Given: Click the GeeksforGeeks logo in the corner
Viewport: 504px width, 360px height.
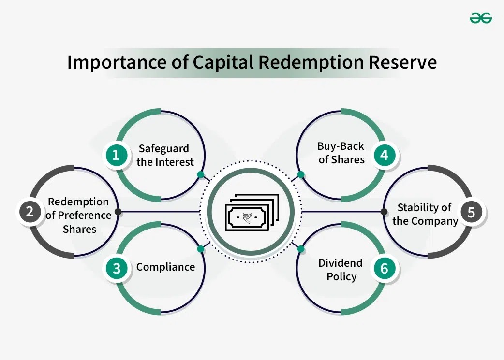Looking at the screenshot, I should click(480, 18).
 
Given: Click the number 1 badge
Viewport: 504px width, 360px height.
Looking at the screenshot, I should click(117, 155).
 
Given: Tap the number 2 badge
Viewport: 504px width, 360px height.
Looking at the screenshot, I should click(30, 212).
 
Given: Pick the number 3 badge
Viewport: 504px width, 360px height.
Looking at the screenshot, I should click(117, 268).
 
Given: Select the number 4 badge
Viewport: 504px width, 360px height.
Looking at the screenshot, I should click(385, 155).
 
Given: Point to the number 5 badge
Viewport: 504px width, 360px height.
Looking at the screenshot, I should click(471, 212).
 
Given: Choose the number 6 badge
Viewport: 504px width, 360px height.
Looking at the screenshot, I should click(385, 268).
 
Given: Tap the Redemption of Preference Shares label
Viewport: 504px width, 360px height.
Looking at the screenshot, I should click(79, 215).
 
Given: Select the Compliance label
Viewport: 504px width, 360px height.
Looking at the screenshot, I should click(165, 267).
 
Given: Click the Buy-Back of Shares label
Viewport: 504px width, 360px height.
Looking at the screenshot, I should click(341, 153).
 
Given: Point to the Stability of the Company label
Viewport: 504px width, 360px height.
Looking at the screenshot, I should click(425, 214).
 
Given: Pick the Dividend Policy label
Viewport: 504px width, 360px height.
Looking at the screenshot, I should click(341, 270).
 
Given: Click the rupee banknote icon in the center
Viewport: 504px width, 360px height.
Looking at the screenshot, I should click(252, 212).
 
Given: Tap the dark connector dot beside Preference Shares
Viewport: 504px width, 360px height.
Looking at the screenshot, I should click(118, 212).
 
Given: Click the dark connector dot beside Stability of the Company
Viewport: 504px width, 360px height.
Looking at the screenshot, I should click(384, 212).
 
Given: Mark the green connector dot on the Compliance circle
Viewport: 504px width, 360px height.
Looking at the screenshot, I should click(201, 249).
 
